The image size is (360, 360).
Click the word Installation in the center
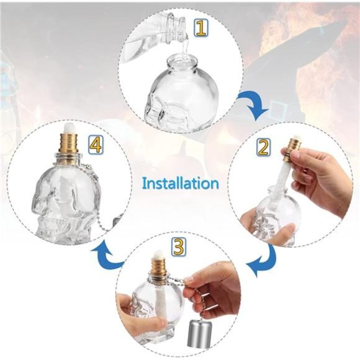click(x=181, y=184)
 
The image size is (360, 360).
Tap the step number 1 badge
click(x=200, y=28)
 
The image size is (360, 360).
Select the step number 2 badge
click(x=263, y=147)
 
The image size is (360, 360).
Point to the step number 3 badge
click(x=178, y=248)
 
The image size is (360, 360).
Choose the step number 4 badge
click(x=96, y=145)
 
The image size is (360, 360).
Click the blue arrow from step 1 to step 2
click(x=254, y=105)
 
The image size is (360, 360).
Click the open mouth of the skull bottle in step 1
click(x=182, y=61)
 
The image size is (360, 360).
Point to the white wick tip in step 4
click(x=69, y=127)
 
